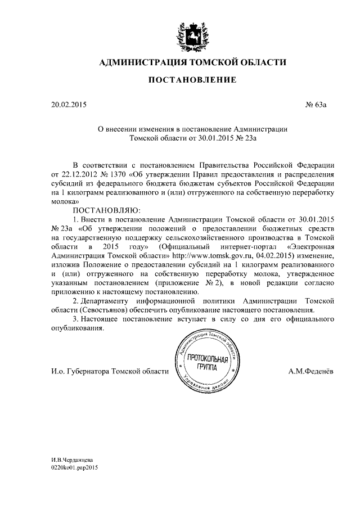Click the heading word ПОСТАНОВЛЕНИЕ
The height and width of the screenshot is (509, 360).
point(192,81)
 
